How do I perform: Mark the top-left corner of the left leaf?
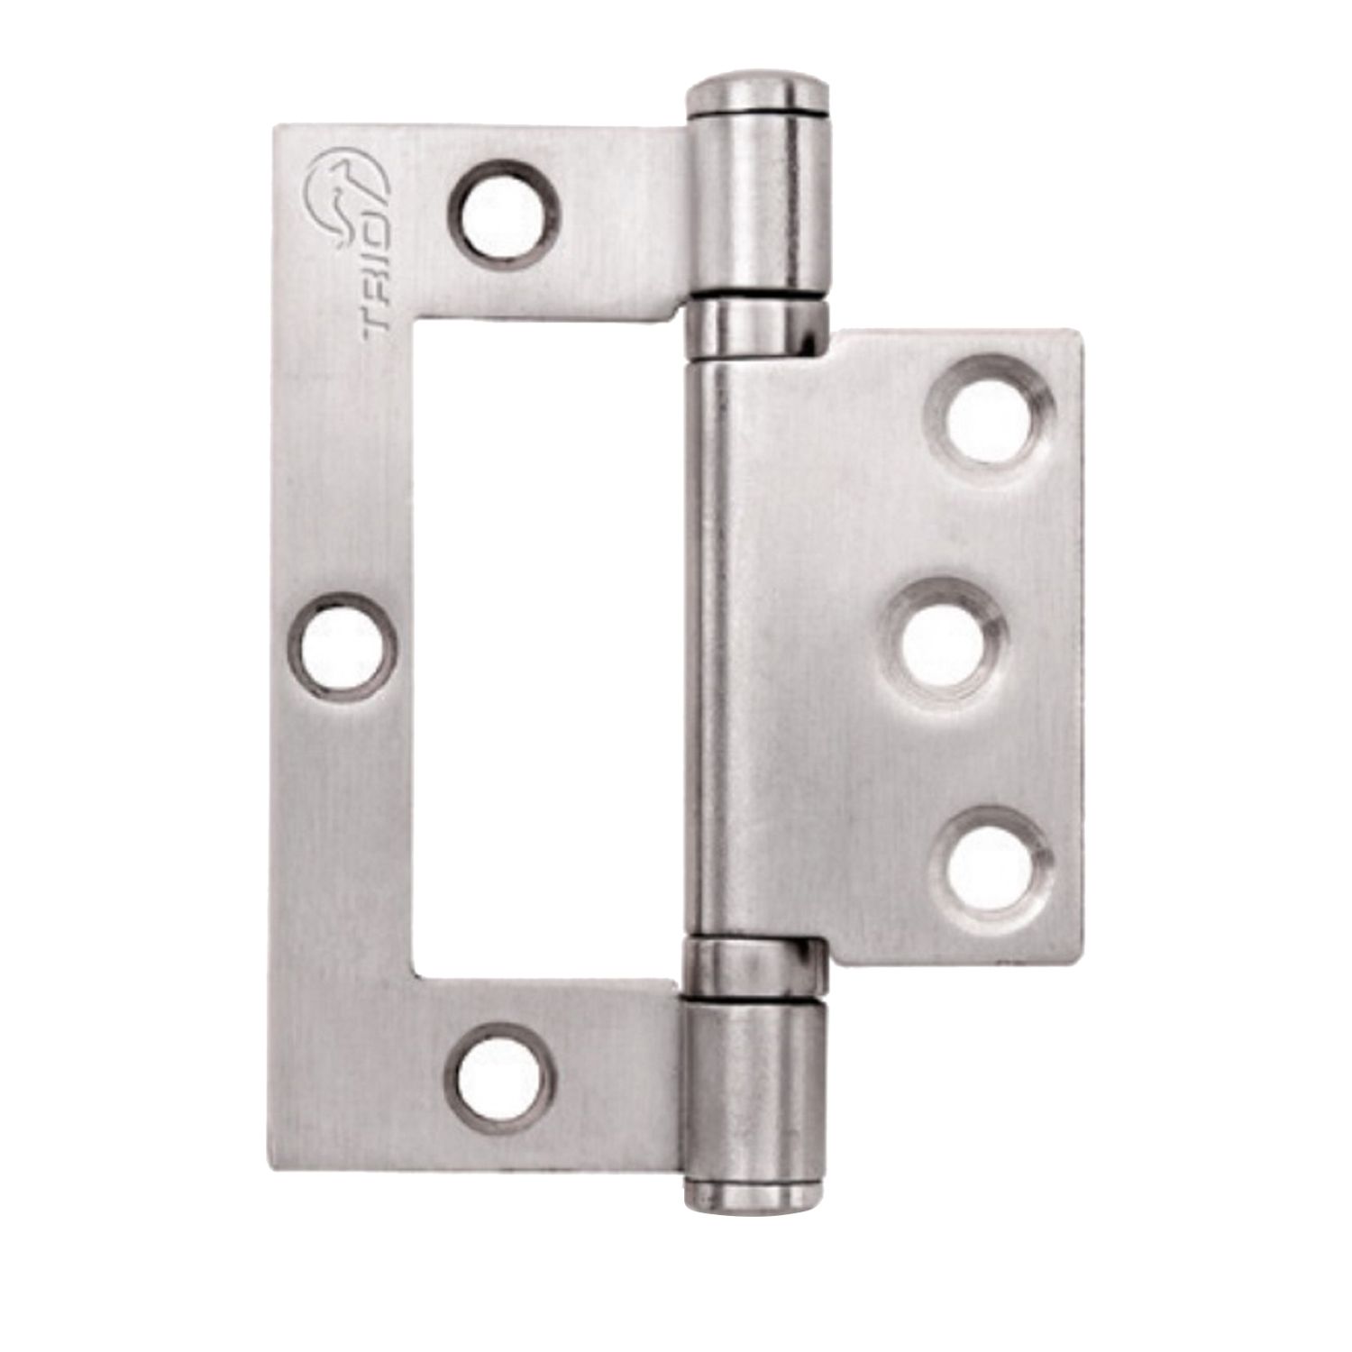pos(279,129)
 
